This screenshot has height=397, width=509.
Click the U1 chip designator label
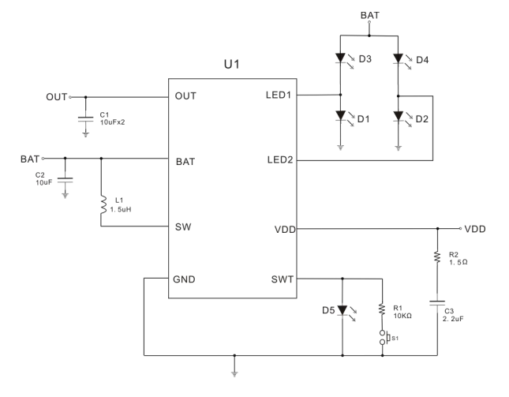click(233, 63)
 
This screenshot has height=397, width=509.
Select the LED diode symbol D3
click(341, 58)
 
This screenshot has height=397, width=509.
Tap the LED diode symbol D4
click(399, 58)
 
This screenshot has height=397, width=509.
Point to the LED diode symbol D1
click(341, 117)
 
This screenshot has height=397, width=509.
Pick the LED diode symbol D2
click(399, 117)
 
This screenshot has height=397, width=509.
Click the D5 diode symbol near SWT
click(341, 310)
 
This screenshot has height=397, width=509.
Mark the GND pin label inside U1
click(186, 279)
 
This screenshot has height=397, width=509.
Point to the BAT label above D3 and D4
click(369, 15)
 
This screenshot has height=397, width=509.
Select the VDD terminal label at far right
click(475, 229)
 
